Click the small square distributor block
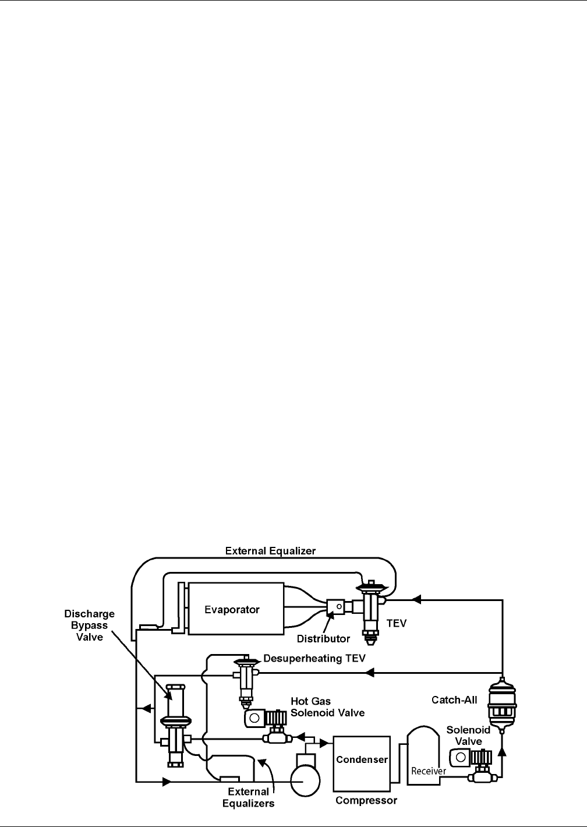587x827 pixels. pos(335,608)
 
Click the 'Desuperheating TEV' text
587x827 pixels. pos(314,659)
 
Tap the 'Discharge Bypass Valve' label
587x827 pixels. pos(90,625)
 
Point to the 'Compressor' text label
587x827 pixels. pos(366,800)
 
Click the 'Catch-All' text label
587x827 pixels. pos(454,699)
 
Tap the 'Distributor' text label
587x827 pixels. pos(323,639)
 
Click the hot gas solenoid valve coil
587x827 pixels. pos(254,718)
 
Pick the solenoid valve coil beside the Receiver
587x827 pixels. pos(460,758)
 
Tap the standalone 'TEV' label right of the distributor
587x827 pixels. pos(397,623)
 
